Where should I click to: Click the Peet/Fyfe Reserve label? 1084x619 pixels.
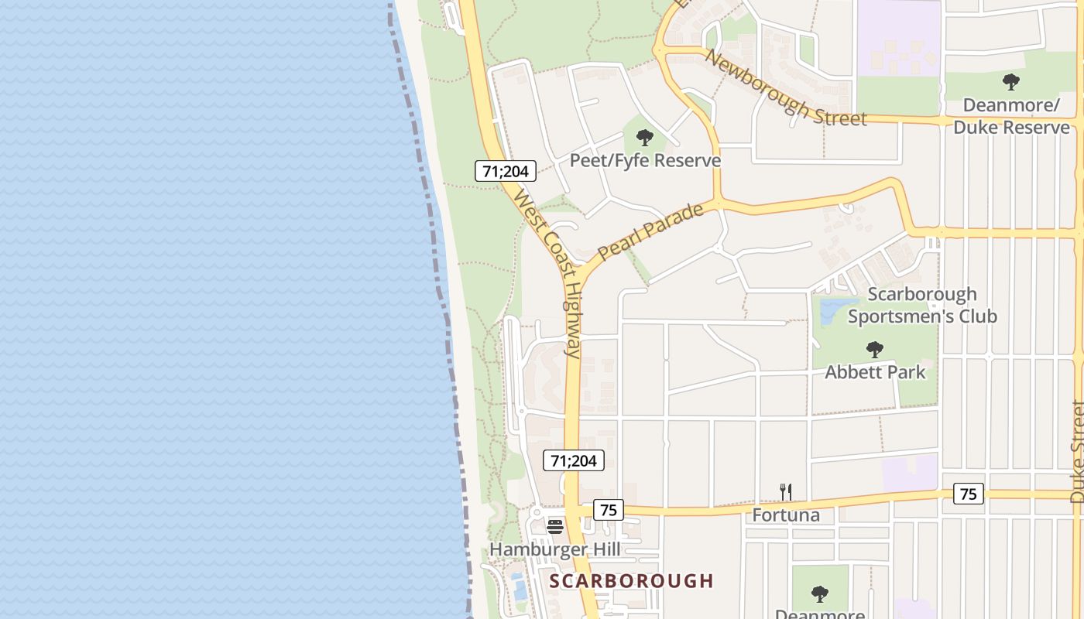click(x=645, y=160)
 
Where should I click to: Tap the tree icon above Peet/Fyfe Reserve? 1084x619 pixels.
click(x=644, y=139)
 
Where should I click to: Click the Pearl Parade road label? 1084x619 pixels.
click(x=650, y=231)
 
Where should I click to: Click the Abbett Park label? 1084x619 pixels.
click(x=875, y=372)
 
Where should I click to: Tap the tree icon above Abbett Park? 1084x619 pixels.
click(x=875, y=350)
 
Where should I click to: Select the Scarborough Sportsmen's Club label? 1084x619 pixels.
click(x=922, y=306)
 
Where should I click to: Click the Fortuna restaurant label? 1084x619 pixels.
click(x=786, y=515)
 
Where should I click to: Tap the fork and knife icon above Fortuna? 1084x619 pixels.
click(x=786, y=491)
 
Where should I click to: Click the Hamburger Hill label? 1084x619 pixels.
click(x=555, y=549)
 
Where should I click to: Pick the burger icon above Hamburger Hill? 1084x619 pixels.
click(x=555, y=527)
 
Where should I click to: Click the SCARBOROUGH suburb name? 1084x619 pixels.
click(x=632, y=581)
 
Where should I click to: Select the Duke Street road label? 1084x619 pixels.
click(x=1077, y=452)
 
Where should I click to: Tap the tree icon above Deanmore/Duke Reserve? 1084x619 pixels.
click(x=1010, y=82)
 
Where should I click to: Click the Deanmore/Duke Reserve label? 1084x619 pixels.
click(x=1011, y=116)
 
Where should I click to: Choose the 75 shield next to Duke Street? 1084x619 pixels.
click(x=968, y=494)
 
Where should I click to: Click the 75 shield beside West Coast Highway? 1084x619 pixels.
click(x=609, y=510)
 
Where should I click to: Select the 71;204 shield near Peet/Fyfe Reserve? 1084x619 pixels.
click(x=506, y=171)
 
